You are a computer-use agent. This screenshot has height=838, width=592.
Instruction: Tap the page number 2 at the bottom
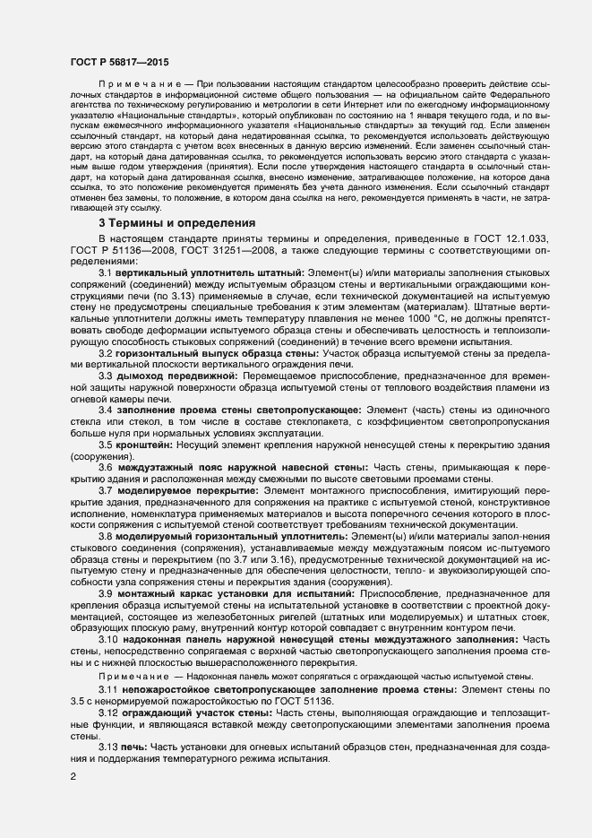click(x=73, y=774)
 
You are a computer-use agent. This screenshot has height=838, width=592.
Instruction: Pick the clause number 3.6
click(x=105, y=467)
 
